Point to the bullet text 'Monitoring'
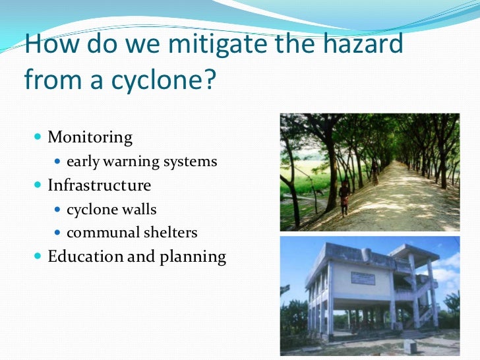coord(90,138)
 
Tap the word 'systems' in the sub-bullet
coord(193,162)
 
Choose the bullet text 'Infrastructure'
coord(99,185)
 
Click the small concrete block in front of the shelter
coord(410,346)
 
